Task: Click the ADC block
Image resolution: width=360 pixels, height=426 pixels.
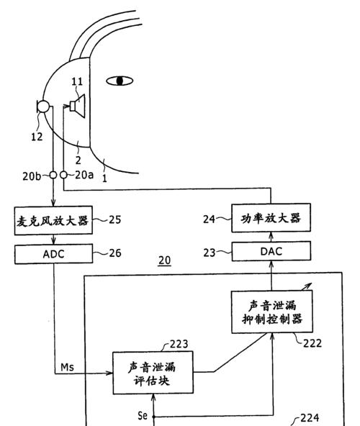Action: point(53,254)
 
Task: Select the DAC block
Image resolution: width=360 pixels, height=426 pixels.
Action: point(271,251)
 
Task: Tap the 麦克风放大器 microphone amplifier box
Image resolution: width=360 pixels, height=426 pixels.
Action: point(53,220)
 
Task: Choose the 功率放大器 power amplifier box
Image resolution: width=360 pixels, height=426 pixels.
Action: point(271,218)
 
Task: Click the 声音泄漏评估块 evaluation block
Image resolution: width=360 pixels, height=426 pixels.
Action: point(153,373)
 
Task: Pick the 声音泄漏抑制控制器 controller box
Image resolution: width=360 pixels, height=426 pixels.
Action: point(272,312)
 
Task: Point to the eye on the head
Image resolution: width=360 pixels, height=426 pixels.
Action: point(120,81)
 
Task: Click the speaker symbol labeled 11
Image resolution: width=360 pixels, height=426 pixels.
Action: point(78,106)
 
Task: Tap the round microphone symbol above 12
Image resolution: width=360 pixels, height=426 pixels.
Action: point(43,106)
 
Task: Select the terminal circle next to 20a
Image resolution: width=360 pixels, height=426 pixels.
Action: point(63,175)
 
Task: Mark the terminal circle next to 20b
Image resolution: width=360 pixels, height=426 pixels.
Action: point(53,175)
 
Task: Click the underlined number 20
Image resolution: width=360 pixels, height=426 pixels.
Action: point(164,260)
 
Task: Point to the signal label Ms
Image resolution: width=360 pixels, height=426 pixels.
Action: point(67,367)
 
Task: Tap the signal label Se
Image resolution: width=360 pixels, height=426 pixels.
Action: point(143,415)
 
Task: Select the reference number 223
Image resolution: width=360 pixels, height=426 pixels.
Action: point(179,345)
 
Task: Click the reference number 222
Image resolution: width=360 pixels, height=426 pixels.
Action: point(312,344)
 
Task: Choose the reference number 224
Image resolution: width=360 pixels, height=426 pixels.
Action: point(310,417)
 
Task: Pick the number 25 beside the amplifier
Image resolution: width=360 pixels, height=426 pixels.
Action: point(114,219)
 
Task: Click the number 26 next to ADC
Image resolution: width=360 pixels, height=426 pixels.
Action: point(115,253)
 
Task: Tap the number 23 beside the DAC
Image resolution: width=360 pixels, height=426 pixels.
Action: point(210,253)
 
